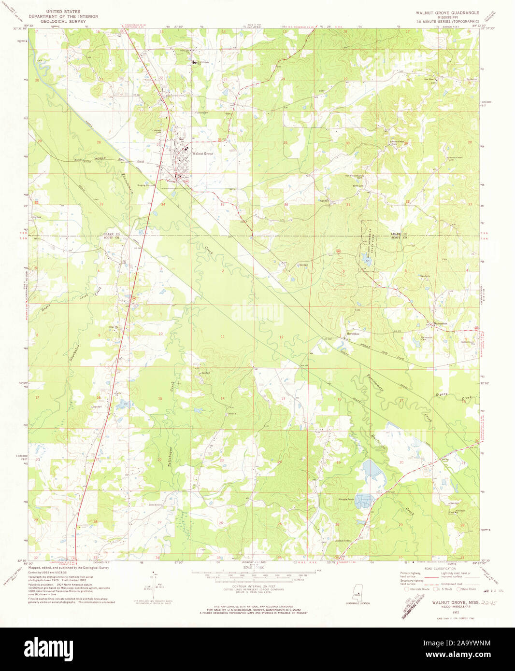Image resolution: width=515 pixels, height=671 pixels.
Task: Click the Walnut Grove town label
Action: (203, 154)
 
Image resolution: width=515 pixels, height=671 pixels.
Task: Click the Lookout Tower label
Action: (343, 541)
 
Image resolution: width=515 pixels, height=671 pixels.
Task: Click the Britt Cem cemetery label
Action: (358, 186)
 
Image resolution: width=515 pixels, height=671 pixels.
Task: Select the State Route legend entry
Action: (468, 589)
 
